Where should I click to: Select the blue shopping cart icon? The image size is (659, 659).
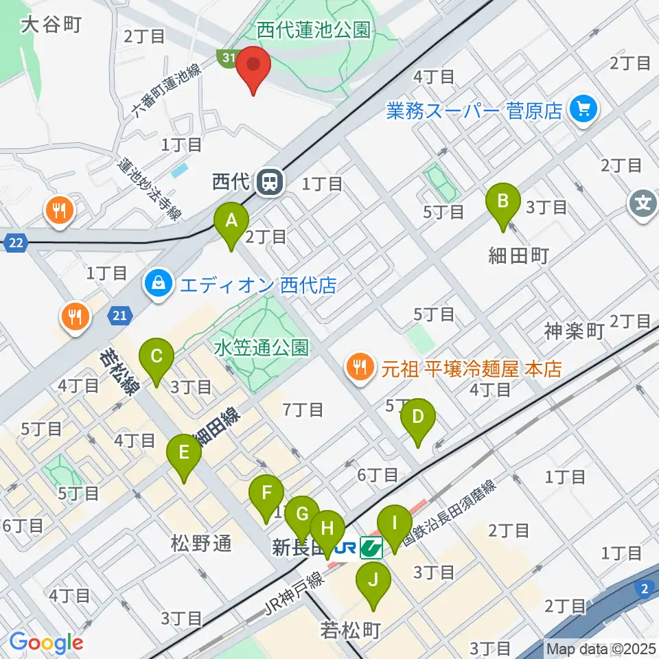584,109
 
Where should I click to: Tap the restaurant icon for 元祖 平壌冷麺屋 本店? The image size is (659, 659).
358,369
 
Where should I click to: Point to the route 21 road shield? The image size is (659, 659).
118,314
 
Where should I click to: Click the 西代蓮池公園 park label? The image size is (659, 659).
314,30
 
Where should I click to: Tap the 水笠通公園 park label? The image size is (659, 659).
261,347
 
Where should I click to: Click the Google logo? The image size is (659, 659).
46,643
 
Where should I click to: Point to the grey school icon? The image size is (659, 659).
643,205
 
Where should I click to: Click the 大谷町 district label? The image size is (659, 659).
51,25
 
